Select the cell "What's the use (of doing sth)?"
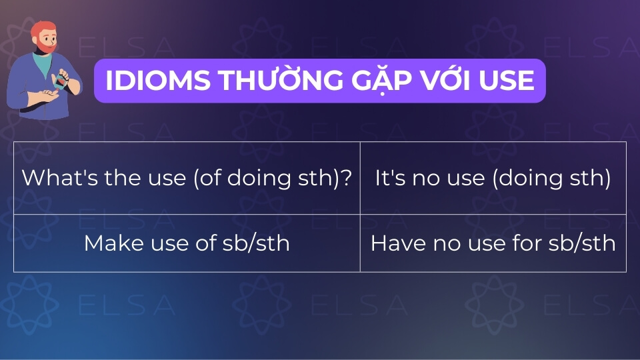(187, 178)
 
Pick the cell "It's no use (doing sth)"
(493, 178)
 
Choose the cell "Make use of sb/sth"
(187, 243)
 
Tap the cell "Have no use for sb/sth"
(493, 243)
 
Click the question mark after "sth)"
(345, 178)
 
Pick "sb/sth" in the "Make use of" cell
(256, 243)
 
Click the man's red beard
(46, 45)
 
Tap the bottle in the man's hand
(61, 80)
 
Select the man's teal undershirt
(43, 65)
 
